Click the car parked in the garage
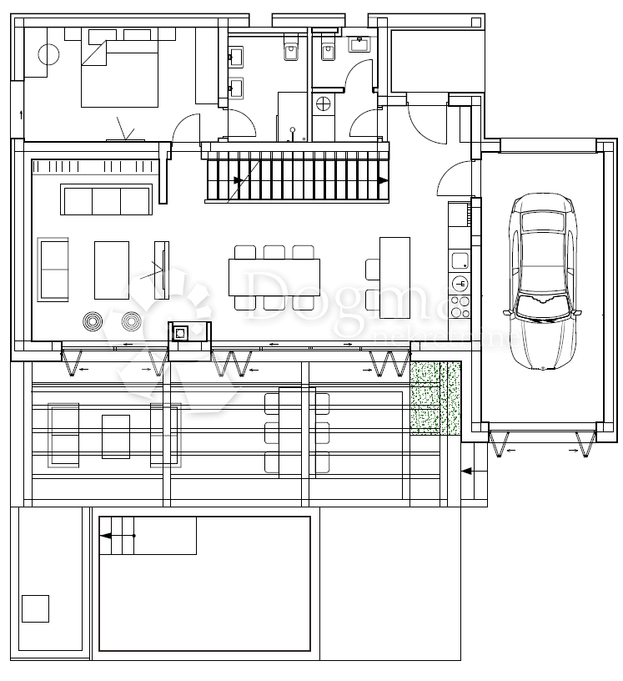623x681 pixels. pos(544,281)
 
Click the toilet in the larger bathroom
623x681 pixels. pos(291,49)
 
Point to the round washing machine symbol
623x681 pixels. pos(323,104)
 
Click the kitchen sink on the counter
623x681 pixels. pos(460,261)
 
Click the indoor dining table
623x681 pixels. pos(274,277)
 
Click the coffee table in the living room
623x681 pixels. pos(112,270)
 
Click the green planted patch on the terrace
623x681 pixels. pos(435,396)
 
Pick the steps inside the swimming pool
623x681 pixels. pos(117,535)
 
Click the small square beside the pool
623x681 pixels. pos(35,608)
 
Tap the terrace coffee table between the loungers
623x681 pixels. pos(115,436)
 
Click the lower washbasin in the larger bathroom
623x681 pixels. pos(237,88)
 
